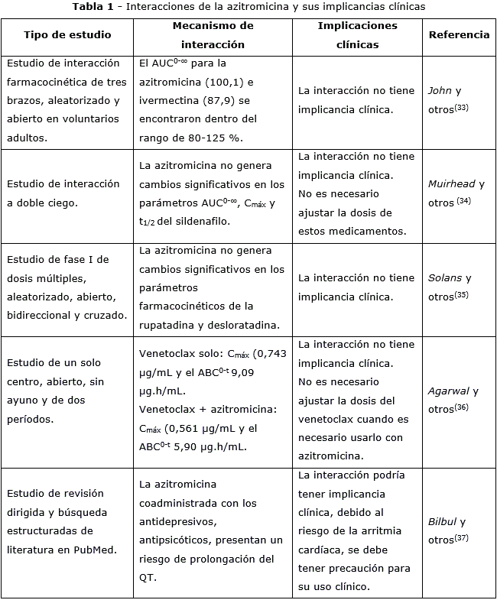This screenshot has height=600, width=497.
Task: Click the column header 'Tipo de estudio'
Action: coord(67,35)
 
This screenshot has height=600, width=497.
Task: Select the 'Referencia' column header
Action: coord(459,35)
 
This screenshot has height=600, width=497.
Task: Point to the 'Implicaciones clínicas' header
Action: coord(357,35)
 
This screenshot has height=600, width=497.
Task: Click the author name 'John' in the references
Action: coord(440,90)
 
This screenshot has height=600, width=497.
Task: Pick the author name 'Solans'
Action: coord(446,278)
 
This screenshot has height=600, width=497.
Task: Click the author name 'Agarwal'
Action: coord(450,391)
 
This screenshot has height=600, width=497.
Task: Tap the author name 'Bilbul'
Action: coord(442,522)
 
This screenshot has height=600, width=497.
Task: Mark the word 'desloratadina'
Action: coord(245,325)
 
